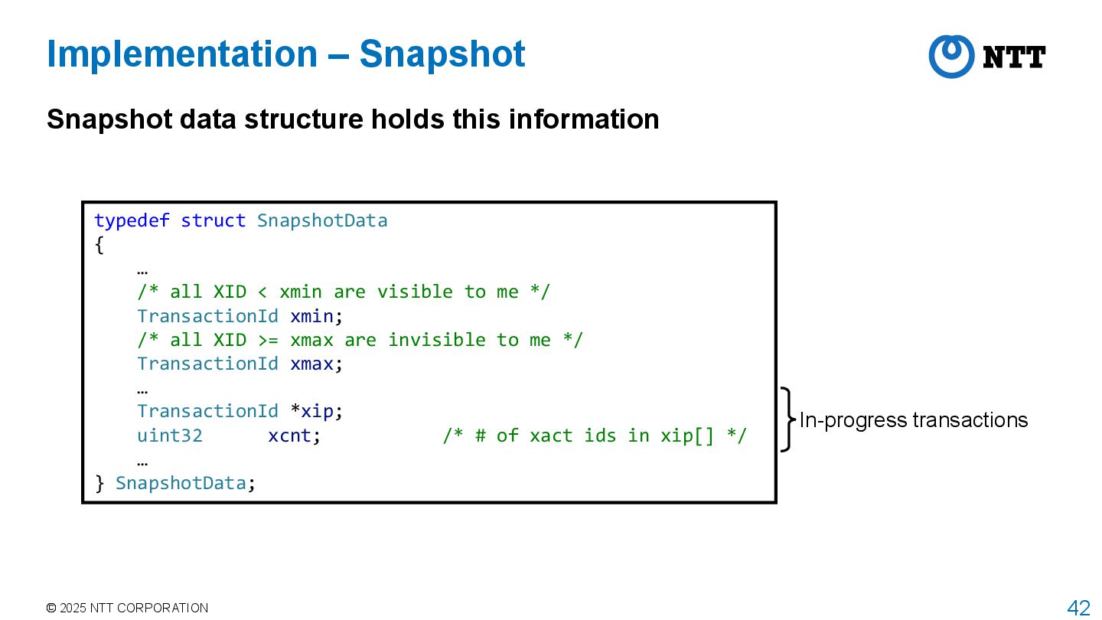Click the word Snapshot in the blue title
(442, 54)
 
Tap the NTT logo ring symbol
(951, 56)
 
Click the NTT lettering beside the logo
(1014, 57)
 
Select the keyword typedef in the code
(132, 221)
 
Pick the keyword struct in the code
(213, 221)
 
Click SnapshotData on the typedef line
(322, 221)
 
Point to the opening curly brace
(99, 246)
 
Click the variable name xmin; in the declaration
(315, 316)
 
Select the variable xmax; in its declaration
(315, 364)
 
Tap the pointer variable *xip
(315, 411)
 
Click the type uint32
(170, 436)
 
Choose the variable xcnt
(292, 436)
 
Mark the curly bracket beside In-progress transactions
(787, 419)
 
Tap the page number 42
(1078, 609)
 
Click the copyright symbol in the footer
(51, 609)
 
